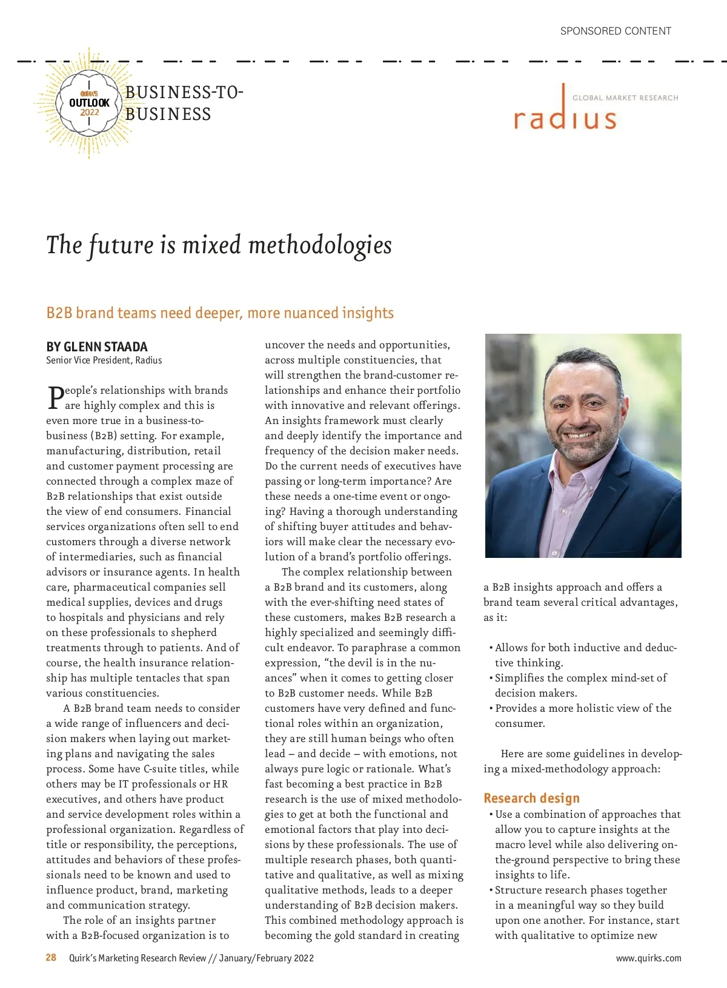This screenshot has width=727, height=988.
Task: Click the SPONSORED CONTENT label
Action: tap(616, 31)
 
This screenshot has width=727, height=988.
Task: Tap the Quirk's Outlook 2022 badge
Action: tap(89, 103)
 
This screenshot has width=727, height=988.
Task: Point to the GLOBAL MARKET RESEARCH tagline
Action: tap(625, 98)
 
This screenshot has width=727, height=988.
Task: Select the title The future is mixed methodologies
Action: tap(219, 245)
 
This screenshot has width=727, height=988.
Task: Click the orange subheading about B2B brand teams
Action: tap(220, 313)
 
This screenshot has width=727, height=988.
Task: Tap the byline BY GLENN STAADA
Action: tap(97, 346)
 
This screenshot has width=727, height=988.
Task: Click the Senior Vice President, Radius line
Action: tap(104, 360)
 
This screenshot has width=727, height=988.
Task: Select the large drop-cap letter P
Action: tap(55, 397)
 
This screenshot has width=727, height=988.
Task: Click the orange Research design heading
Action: tap(531, 798)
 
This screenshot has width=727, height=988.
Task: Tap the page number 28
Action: tap(51, 958)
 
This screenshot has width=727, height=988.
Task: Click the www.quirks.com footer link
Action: tap(648, 958)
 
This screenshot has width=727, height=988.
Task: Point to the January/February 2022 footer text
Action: tap(267, 958)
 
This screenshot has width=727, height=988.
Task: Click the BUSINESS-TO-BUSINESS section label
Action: tap(184, 103)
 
